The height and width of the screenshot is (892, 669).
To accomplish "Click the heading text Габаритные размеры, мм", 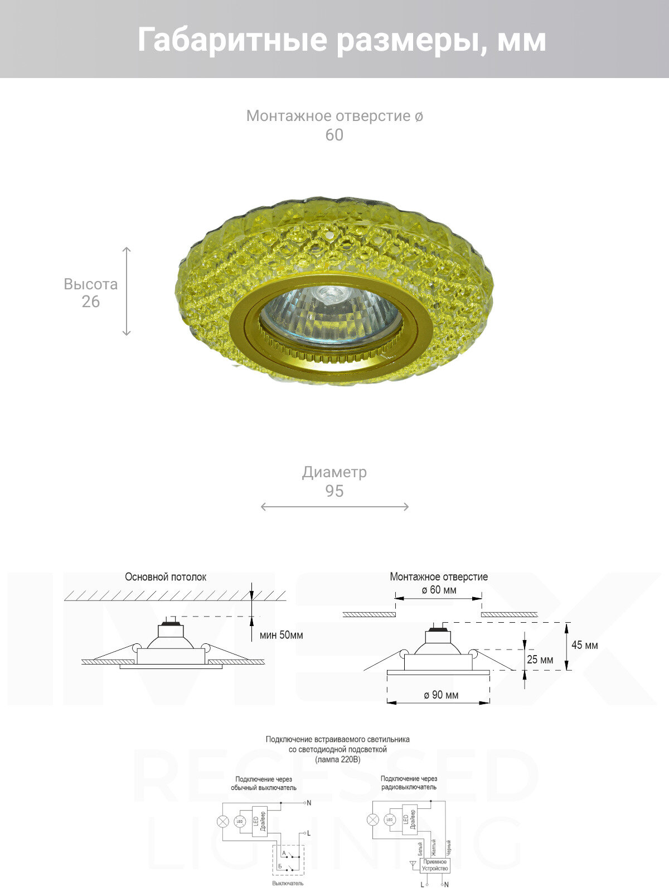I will (341, 40).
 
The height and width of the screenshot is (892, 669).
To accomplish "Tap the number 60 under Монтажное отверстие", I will (334, 135).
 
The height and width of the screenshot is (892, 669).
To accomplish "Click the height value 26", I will (90, 302).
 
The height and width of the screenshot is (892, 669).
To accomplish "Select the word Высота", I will (90, 284).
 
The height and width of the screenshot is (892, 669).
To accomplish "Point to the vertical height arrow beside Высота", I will (127, 291).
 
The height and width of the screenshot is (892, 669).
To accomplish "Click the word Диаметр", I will (334, 472).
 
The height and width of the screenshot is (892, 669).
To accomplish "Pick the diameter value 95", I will (334, 491).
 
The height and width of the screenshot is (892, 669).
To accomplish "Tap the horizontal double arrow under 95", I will (334, 507).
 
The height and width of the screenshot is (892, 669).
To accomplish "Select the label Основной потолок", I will (165, 577).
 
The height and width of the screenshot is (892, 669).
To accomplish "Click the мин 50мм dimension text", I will (282, 635).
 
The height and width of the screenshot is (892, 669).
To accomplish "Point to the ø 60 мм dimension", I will (439, 590).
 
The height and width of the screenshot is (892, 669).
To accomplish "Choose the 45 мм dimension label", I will (584, 645).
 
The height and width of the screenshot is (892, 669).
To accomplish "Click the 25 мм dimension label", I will (540, 660).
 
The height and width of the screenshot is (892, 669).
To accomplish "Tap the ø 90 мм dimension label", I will (440, 695).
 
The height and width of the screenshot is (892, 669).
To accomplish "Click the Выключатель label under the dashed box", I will (288, 883).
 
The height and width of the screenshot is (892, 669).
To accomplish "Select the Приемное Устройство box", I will (435, 865).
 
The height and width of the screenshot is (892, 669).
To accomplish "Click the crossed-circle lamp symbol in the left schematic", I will (222, 822).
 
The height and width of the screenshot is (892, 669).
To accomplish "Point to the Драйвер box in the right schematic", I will (410, 821).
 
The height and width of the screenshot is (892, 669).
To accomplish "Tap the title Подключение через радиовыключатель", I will (409, 783).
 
